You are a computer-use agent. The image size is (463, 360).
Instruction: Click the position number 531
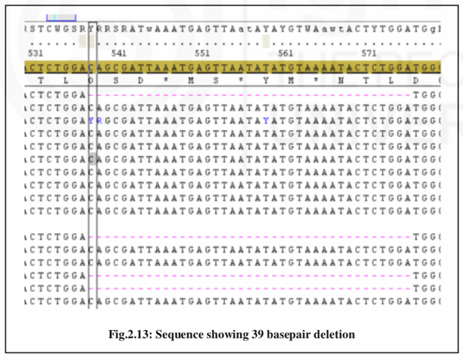[35, 54]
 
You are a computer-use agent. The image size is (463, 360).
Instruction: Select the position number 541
[119, 54]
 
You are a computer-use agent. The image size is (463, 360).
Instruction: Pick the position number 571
[369, 54]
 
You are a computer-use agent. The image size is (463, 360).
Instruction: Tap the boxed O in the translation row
[92, 81]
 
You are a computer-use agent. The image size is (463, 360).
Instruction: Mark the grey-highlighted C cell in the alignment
[92, 158]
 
